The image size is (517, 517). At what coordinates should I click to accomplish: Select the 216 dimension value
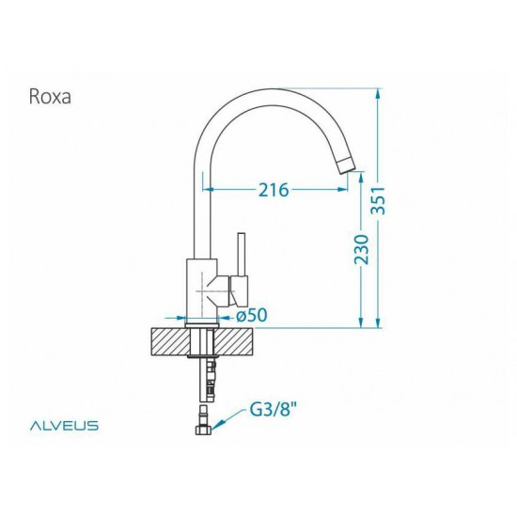point(273,190)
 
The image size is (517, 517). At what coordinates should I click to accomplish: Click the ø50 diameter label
point(251,316)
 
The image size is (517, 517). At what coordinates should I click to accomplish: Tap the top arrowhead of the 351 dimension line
point(378,92)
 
